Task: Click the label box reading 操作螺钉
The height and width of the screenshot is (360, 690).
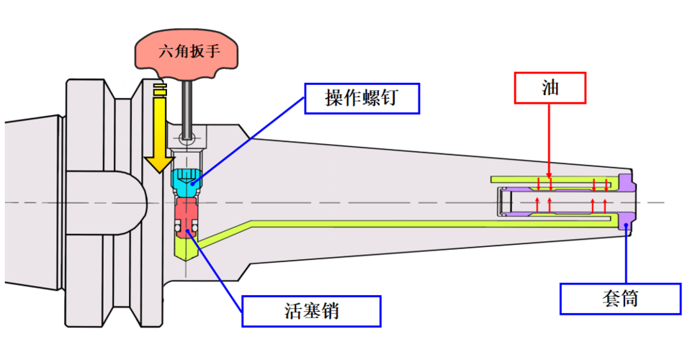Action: tap(362, 99)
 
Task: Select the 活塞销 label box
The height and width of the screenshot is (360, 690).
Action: tap(311, 310)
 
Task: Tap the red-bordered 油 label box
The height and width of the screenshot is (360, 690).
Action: tap(550, 87)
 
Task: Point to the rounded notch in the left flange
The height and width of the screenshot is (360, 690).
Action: tap(134, 202)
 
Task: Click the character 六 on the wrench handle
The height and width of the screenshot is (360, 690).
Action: tap(167, 53)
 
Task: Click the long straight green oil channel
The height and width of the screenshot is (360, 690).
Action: tap(432, 224)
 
